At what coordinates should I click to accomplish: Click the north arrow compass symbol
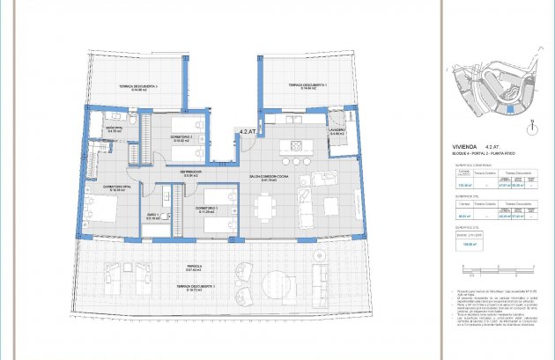point(531,129)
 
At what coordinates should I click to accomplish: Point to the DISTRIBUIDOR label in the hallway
point(192,173)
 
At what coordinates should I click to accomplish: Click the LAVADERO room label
point(337,131)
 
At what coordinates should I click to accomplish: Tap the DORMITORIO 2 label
point(181,136)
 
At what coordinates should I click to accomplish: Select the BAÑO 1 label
point(152,216)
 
